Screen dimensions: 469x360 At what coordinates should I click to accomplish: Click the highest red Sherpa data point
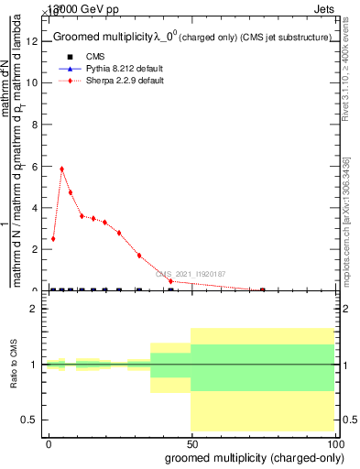(61, 169)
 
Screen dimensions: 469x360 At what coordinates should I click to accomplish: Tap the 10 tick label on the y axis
(33, 82)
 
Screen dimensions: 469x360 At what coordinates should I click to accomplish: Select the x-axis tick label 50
(191, 442)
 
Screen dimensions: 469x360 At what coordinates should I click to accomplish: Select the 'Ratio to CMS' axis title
(14, 365)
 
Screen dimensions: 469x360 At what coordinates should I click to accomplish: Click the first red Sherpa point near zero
(53, 238)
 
